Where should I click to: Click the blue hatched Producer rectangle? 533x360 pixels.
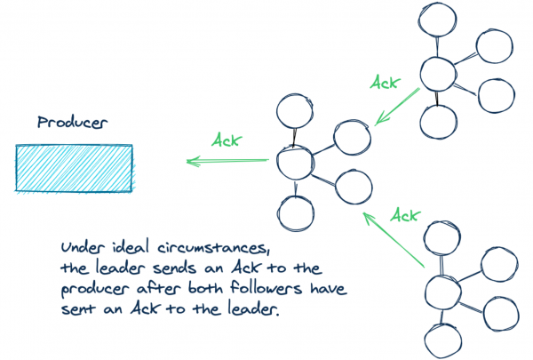74,168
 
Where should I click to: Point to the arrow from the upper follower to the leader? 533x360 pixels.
396,106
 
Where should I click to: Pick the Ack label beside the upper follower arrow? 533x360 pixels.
385,82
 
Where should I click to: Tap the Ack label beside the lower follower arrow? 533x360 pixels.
405,214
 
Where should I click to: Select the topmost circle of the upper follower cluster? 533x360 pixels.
436,20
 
